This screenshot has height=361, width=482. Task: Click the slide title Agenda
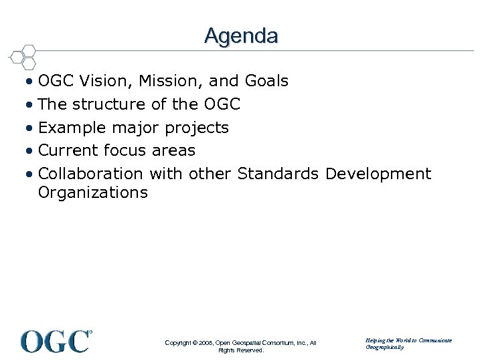[241, 35]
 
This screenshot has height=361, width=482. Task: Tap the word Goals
[266, 82]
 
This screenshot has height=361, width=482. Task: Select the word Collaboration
[90, 174]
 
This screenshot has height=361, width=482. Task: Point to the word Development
[378, 174]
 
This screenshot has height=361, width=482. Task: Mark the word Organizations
[92, 193]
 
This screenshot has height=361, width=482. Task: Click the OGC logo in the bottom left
[56, 341]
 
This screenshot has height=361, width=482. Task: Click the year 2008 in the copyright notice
[204, 343]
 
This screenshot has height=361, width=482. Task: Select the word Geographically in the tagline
[385, 348]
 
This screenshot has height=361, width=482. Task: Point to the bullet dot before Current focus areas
[30, 151]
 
